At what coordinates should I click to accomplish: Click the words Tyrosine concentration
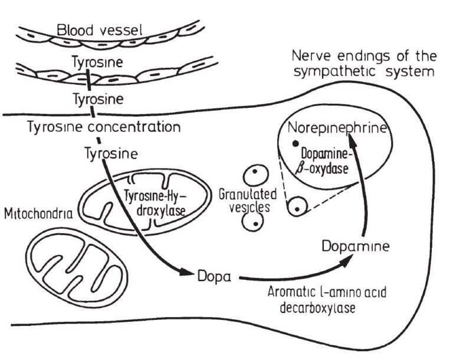(x=105, y=127)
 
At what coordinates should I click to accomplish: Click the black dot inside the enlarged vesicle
(x=293, y=144)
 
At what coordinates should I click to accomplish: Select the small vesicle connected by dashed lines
(x=297, y=207)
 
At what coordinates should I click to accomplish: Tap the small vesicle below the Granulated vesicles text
(x=254, y=223)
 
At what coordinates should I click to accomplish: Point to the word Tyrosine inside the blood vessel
(x=91, y=61)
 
